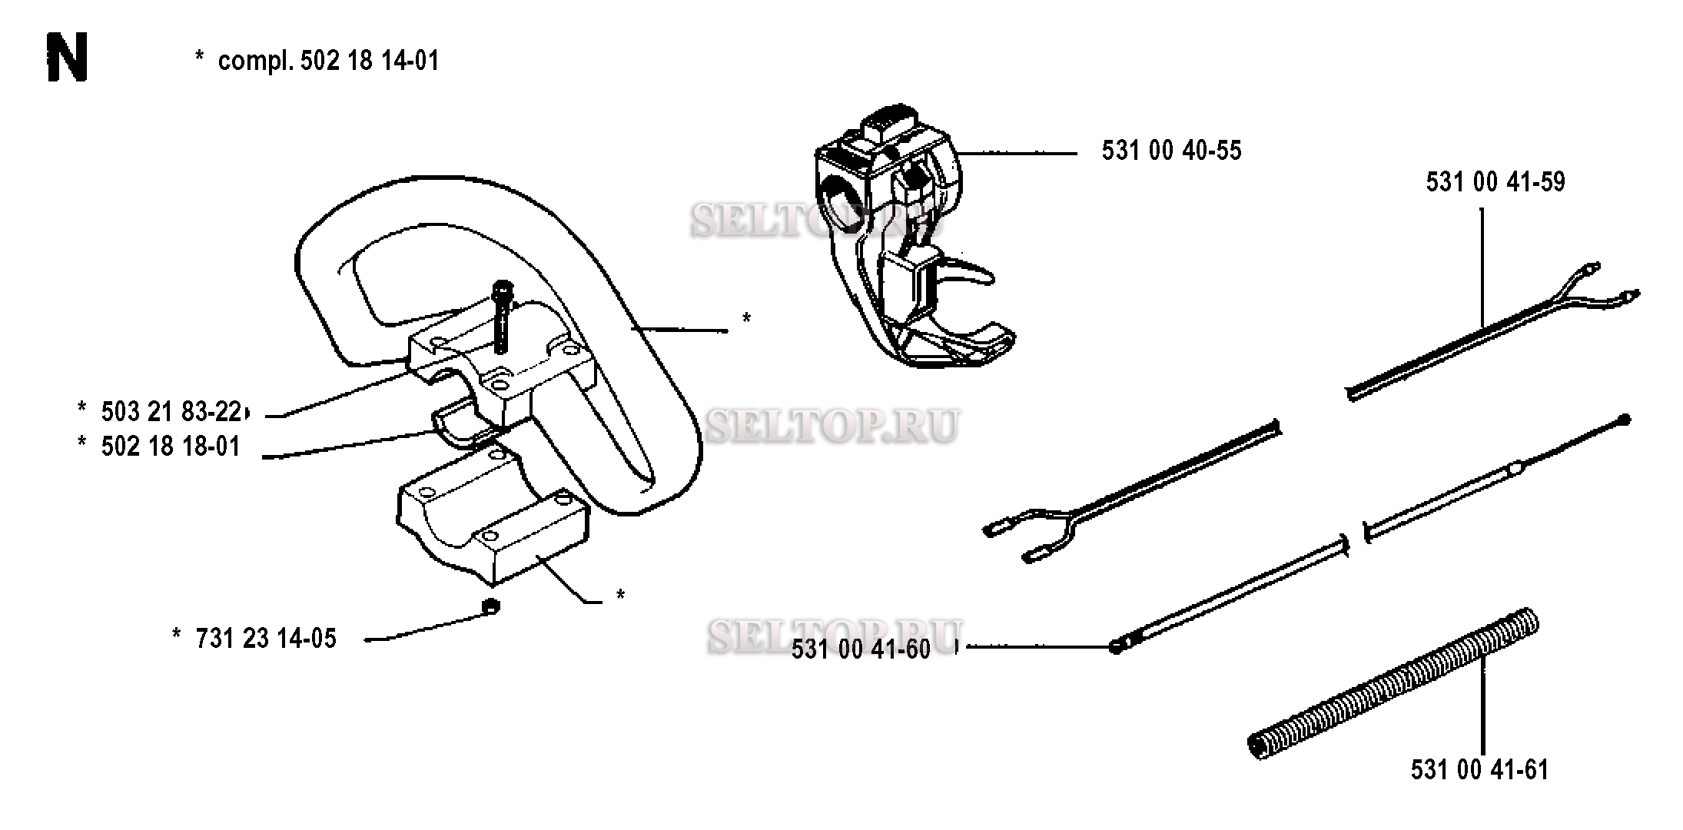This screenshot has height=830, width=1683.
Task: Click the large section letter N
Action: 67,58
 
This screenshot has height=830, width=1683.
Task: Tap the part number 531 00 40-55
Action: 1171,150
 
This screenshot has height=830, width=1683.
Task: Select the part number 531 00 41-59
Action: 1495,181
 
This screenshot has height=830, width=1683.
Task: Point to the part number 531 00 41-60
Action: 861,649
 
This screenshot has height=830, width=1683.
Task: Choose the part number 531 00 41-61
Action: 1479,769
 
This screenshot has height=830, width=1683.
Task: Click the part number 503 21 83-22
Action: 171,412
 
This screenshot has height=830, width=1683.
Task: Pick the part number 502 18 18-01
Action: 171,447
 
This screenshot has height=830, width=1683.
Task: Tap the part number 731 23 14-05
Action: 266,639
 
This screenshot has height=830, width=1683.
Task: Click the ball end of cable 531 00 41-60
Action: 1117,646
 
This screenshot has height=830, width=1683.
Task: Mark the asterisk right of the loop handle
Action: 745,318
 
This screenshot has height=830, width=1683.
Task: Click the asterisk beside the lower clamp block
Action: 620,596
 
